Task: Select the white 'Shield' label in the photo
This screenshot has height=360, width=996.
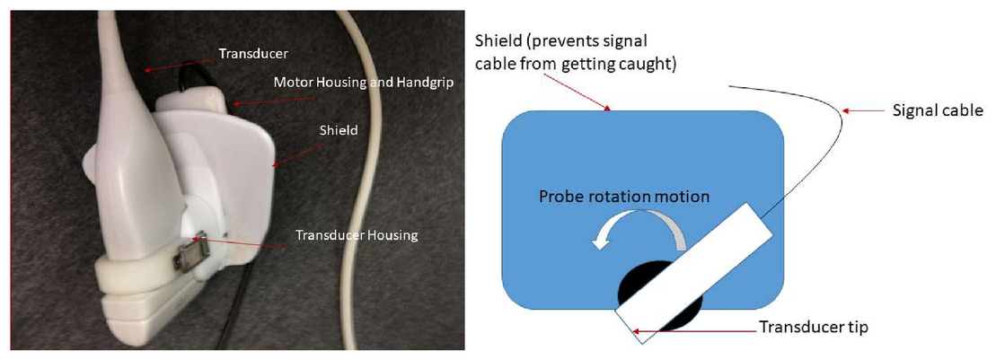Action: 338,130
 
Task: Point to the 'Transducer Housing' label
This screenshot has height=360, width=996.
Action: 357,235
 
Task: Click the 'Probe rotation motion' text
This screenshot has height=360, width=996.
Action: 624,197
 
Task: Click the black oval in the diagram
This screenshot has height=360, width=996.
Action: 661,296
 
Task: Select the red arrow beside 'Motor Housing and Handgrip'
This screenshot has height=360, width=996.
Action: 274,101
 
